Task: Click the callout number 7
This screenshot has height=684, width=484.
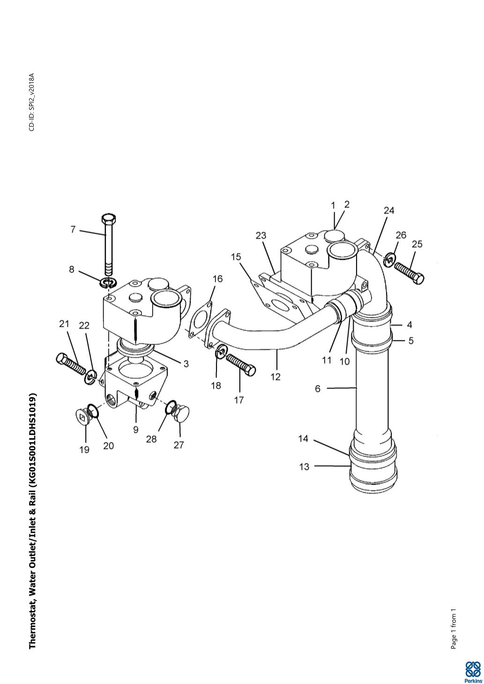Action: pos(73,229)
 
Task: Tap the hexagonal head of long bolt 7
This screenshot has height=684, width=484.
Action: pos(109,219)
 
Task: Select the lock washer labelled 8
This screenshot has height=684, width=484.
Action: pos(109,283)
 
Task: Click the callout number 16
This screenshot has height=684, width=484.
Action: pos(217,279)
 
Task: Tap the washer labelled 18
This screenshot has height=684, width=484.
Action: pos(221,351)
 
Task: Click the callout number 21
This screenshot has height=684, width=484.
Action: pos(64,324)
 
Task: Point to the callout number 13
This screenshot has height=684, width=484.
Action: pos(304,466)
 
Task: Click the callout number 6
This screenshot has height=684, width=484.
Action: pos(318,388)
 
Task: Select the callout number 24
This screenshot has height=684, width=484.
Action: pos(389,211)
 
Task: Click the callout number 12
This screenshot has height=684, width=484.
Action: pos(276,377)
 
